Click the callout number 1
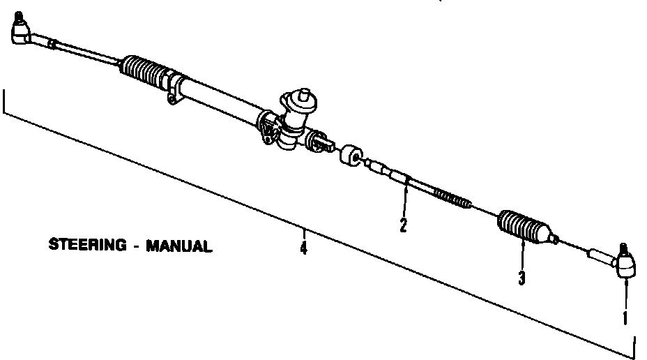pyautogui.click(x=625, y=317)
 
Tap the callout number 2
pyautogui.click(x=403, y=225)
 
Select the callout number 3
pyautogui.click(x=522, y=278)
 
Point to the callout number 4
pyautogui.click(x=303, y=247)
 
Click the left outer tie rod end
pyautogui.click(x=22, y=31)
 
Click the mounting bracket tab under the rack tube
pyautogui.click(x=172, y=98)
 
